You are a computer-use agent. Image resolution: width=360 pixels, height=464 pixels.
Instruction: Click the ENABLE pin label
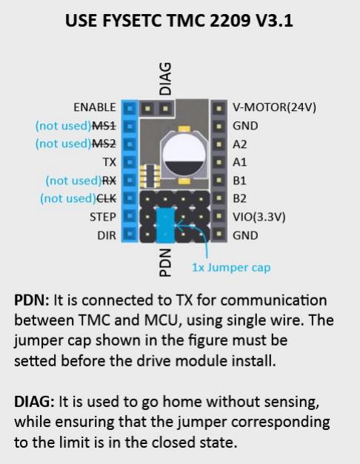pos(95,107)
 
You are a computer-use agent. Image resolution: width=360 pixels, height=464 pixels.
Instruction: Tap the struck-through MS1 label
pos(104,126)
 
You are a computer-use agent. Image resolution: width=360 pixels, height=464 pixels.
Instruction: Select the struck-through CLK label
pos(106,198)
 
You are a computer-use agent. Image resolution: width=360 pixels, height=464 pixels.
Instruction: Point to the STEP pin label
pos(102,217)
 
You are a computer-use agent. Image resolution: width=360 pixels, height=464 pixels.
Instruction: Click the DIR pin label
pos(107,235)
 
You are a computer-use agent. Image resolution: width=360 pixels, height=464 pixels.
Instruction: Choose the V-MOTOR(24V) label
pos(274,107)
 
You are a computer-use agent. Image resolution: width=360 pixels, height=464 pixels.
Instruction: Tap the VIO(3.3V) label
pos(259,217)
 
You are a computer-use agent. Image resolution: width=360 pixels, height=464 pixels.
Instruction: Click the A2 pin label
pos(240,144)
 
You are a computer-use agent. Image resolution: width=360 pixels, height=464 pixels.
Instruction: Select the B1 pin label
pos(239,181)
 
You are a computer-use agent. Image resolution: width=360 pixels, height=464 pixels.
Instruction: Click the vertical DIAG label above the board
pos(165,78)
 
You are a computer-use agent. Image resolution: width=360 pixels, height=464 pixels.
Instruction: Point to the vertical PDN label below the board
pos(165,263)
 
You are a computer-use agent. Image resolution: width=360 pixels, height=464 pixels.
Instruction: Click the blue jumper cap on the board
pos(165,225)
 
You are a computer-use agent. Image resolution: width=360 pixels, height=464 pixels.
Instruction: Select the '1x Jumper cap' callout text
pos(231,267)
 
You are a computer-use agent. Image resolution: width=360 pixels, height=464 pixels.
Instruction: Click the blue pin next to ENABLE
pos(130,109)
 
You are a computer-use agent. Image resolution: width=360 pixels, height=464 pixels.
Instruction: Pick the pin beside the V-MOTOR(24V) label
pos(219,108)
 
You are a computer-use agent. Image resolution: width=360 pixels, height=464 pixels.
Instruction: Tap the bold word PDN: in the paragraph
pos(32,300)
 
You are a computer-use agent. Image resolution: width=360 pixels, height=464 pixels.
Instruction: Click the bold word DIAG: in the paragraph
pos(34,402)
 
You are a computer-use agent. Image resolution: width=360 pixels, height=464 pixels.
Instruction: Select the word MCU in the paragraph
pos(161,320)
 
